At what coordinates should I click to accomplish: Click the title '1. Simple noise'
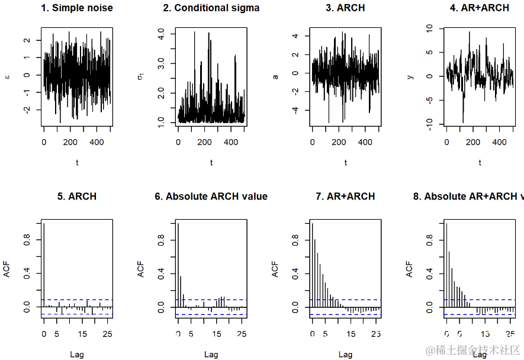[x=77, y=8]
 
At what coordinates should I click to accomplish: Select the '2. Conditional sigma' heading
[x=211, y=8]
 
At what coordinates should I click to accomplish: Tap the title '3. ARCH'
[x=345, y=8]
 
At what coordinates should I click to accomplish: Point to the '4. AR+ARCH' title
[x=480, y=8]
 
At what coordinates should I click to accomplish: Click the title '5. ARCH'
[x=77, y=197]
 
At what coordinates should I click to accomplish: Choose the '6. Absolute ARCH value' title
[x=211, y=197]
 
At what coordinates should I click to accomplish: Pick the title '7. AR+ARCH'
[x=345, y=197]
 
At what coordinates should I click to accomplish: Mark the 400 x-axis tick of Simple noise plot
[x=97, y=143]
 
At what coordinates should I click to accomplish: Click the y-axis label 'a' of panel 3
[x=275, y=76]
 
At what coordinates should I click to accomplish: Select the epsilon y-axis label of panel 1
[x=7, y=76]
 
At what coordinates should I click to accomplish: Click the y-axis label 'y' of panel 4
[x=410, y=76]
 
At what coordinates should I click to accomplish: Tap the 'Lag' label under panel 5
[x=77, y=354]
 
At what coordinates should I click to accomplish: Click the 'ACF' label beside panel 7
[x=275, y=270]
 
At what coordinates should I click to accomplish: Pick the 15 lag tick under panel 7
[x=351, y=335]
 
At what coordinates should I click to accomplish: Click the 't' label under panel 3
[x=345, y=162]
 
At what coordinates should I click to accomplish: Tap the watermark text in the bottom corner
[x=474, y=351]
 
